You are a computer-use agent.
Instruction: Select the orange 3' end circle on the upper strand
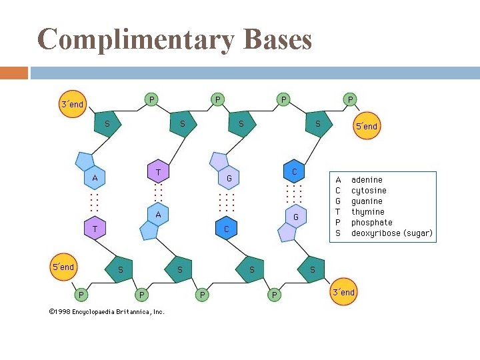[x=72, y=104]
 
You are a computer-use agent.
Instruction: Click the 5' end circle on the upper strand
[x=366, y=126]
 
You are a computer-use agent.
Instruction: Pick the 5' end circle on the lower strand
[x=64, y=267]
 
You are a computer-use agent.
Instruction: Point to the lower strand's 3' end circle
[x=343, y=292]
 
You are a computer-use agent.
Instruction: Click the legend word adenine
[x=367, y=180]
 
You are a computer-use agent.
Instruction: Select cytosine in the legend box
[x=369, y=191]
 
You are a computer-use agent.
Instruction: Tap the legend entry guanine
[x=367, y=201]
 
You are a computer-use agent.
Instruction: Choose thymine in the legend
[x=367, y=212]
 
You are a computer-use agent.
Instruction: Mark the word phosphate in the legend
[x=372, y=223]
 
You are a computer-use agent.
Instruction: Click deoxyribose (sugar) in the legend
[x=391, y=233]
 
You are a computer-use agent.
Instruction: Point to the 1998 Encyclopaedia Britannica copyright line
[x=107, y=311]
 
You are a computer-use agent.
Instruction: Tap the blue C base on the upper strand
[x=294, y=171]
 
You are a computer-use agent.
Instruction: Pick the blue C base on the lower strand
[x=227, y=229]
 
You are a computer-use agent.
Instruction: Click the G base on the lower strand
[x=295, y=217]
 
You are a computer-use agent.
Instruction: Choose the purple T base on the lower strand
[x=95, y=228]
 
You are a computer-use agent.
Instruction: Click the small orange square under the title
[x=14, y=73]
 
